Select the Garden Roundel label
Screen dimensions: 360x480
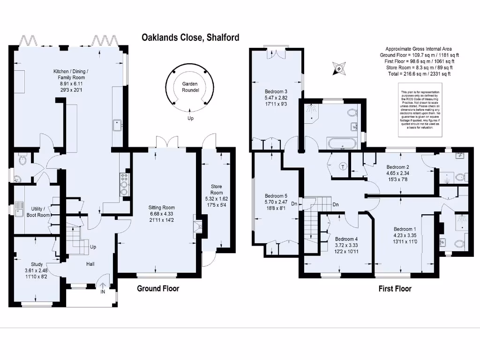[191, 87]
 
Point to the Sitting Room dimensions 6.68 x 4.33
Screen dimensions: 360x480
[162, 214]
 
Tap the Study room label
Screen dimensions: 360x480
[37, 264]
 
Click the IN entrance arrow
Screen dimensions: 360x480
[102, 286]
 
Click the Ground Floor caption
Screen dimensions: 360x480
[157, 288]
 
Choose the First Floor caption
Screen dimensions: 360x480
[395, 288]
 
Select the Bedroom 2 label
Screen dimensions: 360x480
[398, 167]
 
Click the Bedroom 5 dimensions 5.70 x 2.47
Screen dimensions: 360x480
[276, 202]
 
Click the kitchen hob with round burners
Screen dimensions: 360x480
[125, 183]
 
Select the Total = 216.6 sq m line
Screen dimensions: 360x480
[418, 73]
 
